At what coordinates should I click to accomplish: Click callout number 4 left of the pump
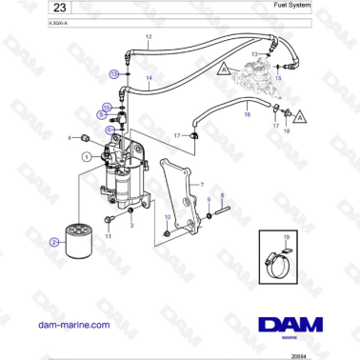pyautogui.click(x=69, y=138)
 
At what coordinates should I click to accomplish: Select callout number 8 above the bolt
pyautogui.click(x=222, y=194)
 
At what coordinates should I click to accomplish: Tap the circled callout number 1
pyautogui.click(x=85, y=155)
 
